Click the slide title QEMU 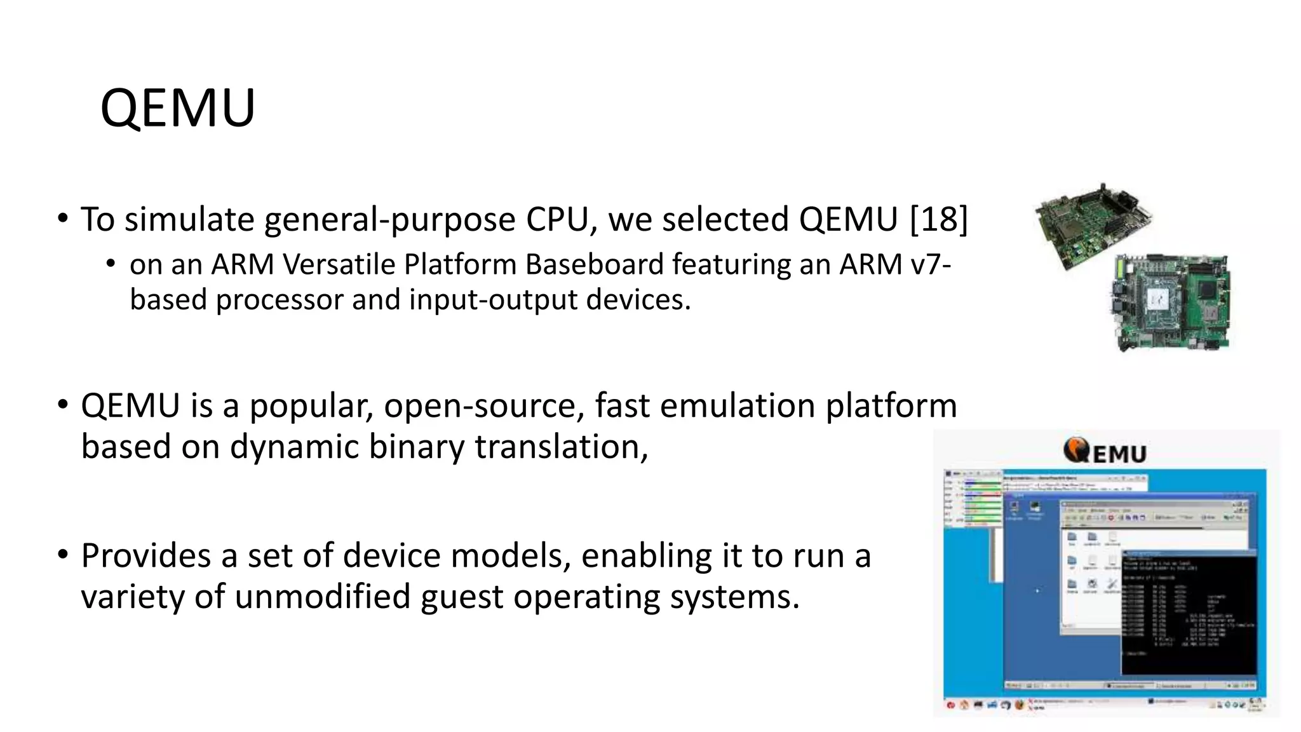[177, 108]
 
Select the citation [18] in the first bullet [938, 219]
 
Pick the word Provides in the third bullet [145, 556]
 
